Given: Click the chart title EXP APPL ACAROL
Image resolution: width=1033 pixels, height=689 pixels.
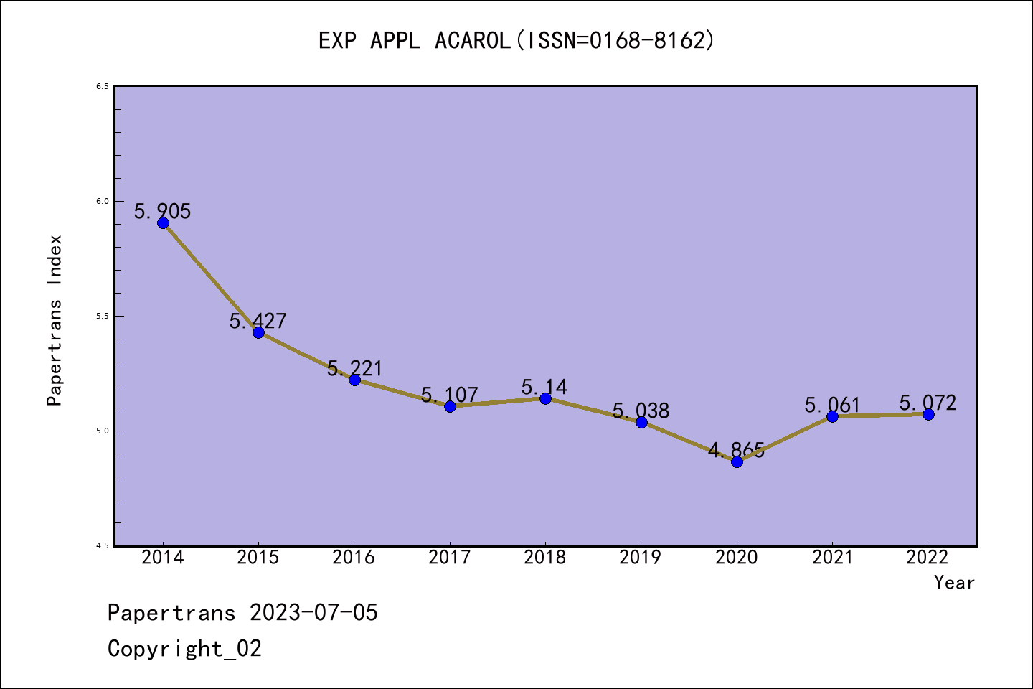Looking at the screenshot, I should tap(516, 40).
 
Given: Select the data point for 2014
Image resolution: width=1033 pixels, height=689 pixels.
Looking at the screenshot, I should tap(163, 222).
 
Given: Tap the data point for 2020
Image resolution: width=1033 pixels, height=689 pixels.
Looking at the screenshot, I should tap(737, 461).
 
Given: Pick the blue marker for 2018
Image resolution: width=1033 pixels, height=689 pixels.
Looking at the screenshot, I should tap(545, 398).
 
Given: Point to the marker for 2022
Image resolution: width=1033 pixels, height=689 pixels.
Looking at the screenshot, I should tap(928, 414).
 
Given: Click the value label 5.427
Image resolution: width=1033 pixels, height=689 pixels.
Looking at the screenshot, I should tap(258, 321).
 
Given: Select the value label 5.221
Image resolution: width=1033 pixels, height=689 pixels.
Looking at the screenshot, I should tap(355, 368).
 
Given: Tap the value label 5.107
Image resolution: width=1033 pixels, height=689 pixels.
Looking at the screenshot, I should tap(450, 395).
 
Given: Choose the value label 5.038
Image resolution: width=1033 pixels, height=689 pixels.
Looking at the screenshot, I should tap(641, 411).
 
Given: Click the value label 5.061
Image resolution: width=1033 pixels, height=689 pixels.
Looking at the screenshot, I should tap(832, 405).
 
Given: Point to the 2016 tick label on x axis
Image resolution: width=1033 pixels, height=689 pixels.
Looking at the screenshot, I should tap(354, 558).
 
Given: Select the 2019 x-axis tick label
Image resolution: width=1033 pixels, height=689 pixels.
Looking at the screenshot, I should tap(641, 558).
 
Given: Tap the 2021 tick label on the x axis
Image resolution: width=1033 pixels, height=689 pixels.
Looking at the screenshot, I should tap(832, 558).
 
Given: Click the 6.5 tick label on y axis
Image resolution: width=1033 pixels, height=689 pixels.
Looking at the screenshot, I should tap(103, 86).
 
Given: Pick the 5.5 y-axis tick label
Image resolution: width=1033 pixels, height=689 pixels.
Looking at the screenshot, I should tap(103, 316).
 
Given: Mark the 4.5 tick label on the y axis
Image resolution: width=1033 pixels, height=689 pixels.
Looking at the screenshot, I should tap(103, 545).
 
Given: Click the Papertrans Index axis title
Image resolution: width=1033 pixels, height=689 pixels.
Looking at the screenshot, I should tap(55, 320).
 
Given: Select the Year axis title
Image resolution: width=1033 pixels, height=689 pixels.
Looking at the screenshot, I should tap(954, 583).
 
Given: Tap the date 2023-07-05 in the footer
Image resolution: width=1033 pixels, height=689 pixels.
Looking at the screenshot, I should tap(313, 613).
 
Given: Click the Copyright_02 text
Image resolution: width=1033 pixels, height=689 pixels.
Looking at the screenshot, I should tap(185, 649).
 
